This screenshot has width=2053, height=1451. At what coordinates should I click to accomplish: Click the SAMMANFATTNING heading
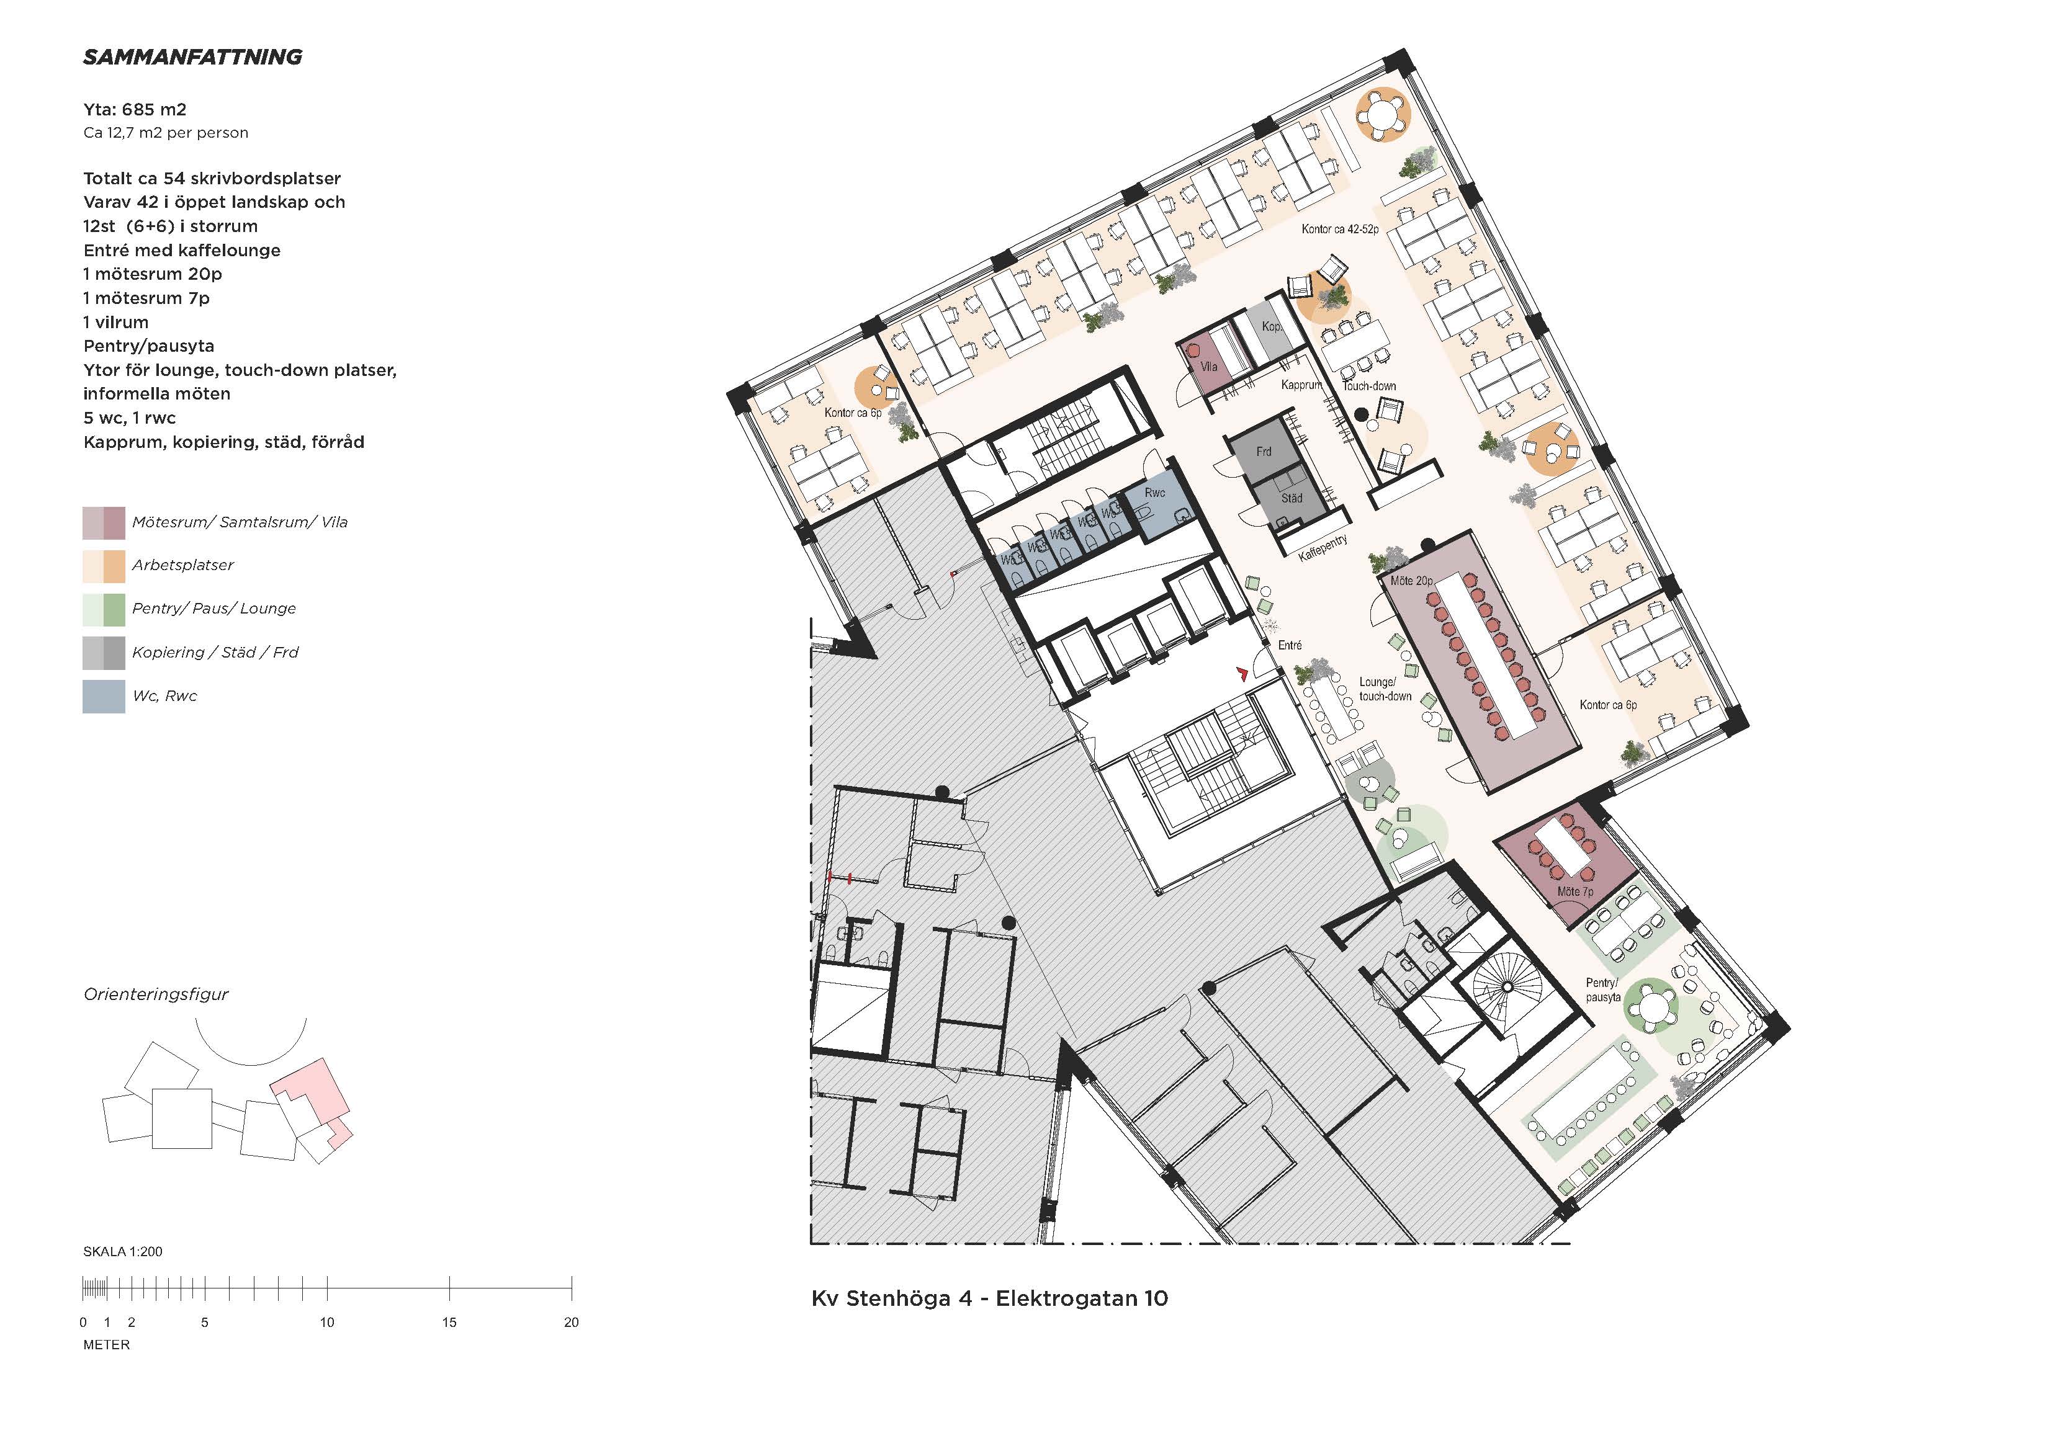192,57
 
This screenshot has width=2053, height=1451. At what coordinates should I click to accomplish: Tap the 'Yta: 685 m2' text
135,110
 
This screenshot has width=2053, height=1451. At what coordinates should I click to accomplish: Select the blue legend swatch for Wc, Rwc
104,697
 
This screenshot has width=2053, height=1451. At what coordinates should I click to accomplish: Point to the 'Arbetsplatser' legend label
182,565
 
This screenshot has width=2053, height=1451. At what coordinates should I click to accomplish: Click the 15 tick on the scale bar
449,1288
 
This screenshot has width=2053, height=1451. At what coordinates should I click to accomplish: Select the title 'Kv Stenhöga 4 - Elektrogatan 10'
990,1298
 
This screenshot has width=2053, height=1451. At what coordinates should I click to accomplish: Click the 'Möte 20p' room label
1411,581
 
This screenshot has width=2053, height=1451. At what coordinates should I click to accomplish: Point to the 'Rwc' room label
1154,493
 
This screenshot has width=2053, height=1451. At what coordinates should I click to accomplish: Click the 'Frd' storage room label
1264,452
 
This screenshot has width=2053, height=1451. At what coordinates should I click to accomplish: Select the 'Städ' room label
1291,498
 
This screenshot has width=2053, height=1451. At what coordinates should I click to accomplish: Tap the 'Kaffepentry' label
1323,548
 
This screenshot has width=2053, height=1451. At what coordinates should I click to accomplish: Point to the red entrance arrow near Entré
1242,673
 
